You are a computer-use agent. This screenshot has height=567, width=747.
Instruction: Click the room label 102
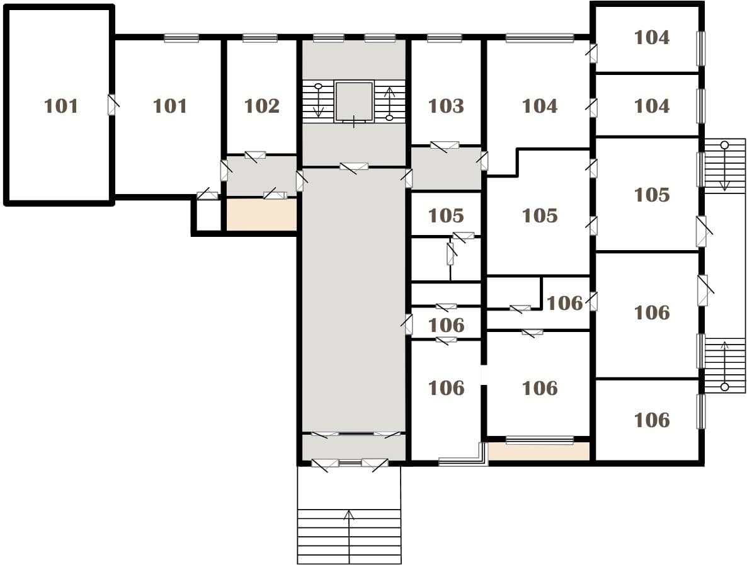[x=261, y=106]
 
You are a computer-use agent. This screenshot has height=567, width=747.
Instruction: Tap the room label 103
[x=446, y=106]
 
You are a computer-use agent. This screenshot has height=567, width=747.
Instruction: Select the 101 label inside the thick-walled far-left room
[x=61, y=106]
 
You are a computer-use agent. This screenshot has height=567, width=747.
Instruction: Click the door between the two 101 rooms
[x=113, y=105]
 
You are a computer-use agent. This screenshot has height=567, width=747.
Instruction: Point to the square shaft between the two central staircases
[x=354, y=101]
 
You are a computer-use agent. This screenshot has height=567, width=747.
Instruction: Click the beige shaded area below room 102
[x=261, y=215]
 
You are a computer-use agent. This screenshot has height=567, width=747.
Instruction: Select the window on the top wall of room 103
[x=445, y=38]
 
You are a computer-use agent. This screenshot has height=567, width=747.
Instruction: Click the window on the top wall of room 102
[x=260, y=38]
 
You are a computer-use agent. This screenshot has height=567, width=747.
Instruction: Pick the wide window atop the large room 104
[x=540, y=38]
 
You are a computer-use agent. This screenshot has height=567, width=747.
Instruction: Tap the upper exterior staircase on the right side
[x=724, y=165]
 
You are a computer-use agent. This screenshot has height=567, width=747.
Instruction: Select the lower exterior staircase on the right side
[x=724, y=365]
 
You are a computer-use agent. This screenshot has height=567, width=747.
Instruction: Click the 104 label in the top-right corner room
[x=652, y=37]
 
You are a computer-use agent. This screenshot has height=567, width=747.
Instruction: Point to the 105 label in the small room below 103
[x=446, y=215]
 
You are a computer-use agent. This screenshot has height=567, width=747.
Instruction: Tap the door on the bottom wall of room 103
[x=445, y=146]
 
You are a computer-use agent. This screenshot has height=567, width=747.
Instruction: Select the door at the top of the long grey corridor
[x=354, y=167]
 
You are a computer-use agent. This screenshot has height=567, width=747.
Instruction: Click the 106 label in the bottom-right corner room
[x=652, y=420]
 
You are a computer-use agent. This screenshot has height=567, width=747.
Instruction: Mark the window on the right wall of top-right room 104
[x=701, y=49]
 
